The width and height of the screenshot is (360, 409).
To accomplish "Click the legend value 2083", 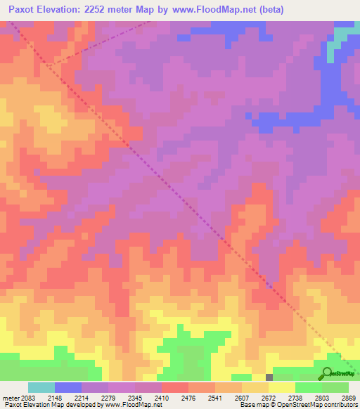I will coord(26,398).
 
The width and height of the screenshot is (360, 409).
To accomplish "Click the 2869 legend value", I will coord(349,398).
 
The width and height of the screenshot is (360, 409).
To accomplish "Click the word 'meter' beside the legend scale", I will coord(10,398).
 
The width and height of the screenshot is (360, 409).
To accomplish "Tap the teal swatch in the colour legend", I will coord(41,387).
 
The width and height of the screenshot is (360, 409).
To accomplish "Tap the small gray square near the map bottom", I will coord(269,377).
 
